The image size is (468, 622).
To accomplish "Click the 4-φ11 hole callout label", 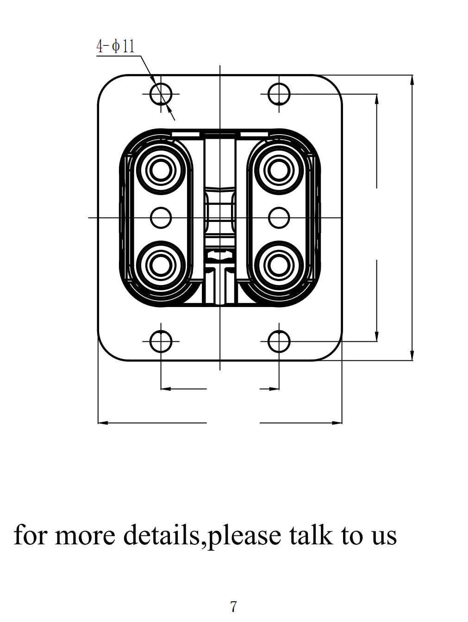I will tap(115, 46).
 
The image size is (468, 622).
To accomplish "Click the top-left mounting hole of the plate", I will tap(161, 94).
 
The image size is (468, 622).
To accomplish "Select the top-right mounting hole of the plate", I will tap(279, 94).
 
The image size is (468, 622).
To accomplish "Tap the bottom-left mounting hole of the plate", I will tap(161, 342).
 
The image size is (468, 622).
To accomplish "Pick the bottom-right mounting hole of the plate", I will tap(279, 342).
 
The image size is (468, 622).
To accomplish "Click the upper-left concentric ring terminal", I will tap(161, 170).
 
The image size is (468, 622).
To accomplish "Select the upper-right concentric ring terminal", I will tap(279, 170).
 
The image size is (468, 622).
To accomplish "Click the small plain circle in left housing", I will tap(161, 217).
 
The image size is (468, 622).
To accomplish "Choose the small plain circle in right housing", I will tap(279, 217).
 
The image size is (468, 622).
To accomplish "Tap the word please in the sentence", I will tap(243, 536).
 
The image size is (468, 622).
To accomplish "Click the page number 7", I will tap(233, 606).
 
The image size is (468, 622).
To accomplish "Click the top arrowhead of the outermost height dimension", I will tap(412, 79).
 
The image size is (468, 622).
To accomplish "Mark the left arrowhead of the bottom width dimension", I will tap(102, 423).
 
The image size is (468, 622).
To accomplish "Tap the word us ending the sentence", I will tap(384, 536).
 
